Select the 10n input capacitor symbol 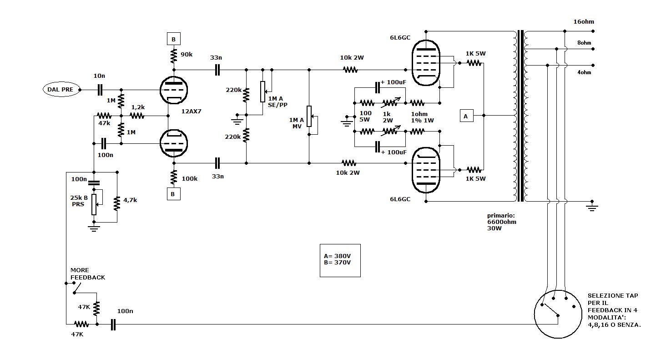[x=100, y=90]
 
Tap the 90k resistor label [x=187, y=55]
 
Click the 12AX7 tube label [x=191, y=111]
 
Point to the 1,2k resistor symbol [x=137, y=116]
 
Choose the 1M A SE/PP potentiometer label [x=277, y=102]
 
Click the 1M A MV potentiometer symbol [x=309, y=117]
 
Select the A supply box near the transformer [x=466, y=116]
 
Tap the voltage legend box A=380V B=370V [x=340, y=261]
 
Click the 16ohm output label [x=584, y=22]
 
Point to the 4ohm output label [x=584, y=72]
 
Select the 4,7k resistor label [x=130, y=200]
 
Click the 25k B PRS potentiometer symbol [x=94, y=204]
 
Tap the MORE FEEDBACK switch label [x=88, y=274]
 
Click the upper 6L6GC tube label [x=400, y=38]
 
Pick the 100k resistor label [x=189, y=179]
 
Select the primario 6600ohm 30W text [x=502, y=222]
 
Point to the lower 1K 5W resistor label [x=475, y=179]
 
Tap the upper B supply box [x=174, y=39]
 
